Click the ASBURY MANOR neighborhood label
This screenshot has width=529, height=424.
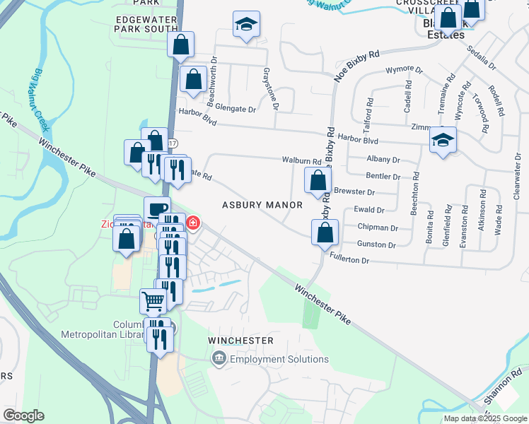(x=262, y=205)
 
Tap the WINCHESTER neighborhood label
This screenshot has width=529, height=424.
(x=240, y=341)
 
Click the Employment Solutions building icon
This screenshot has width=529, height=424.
(x=219, y=359)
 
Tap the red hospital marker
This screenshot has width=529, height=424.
(x=192, y=225)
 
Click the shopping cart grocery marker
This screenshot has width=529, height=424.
(x=153, y=301)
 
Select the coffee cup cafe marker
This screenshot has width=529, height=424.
(x=157, y=208)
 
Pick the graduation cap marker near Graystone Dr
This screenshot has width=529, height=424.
(x=246, y=25)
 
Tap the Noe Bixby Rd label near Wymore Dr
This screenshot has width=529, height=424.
(x=357, y=66)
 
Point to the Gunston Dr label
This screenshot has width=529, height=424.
(x=377, y=245)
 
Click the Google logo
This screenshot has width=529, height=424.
(x=23, y=416)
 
